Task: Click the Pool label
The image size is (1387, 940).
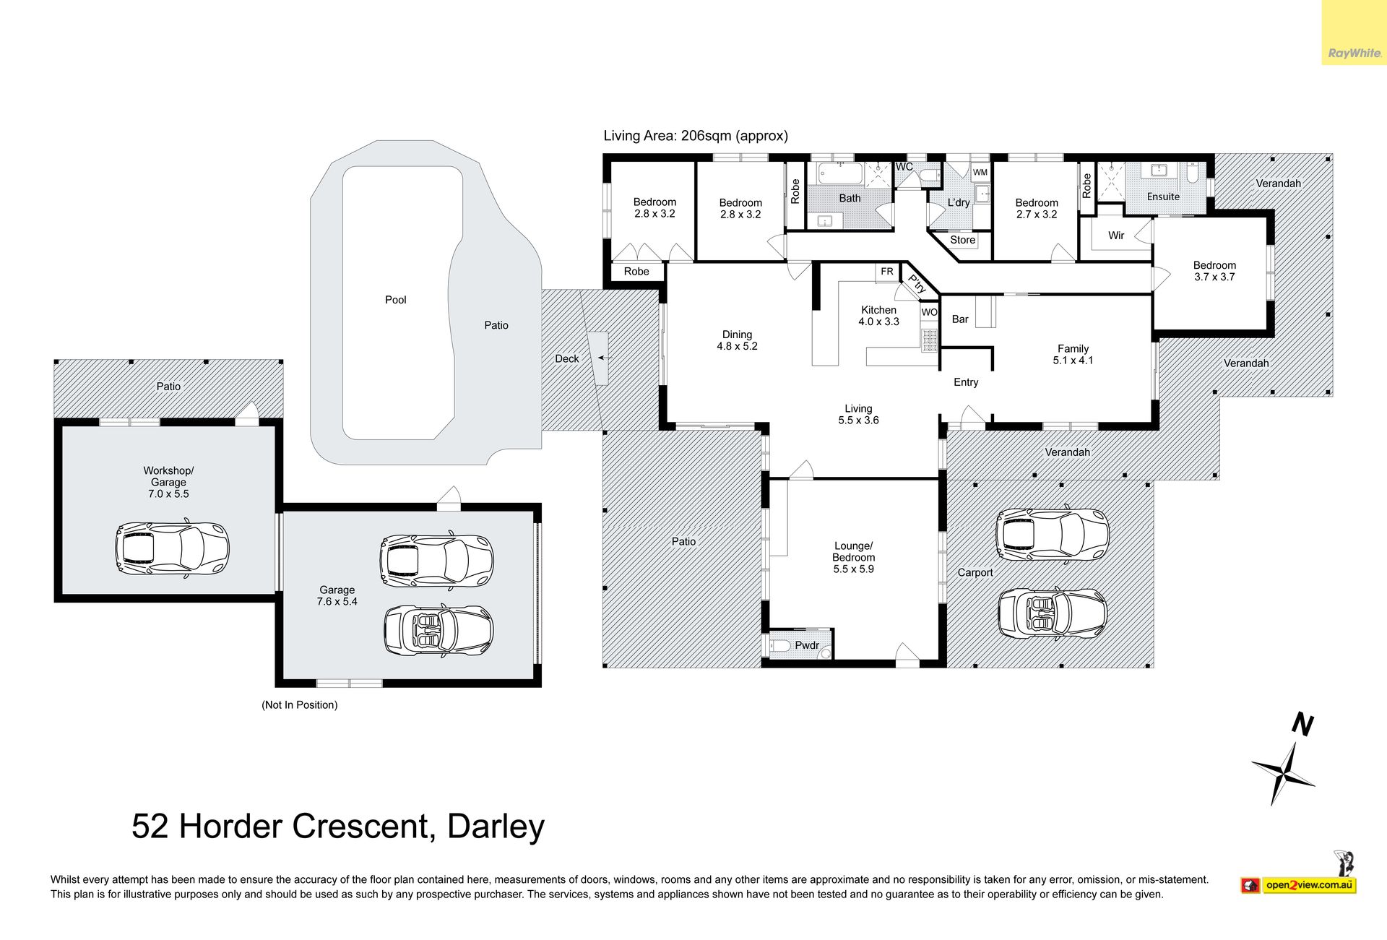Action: tap(395, 300)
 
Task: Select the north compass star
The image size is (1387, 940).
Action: tap(1284, 774)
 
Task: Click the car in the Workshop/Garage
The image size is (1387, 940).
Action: tap(172, 548)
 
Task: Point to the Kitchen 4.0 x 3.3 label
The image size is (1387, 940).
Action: tap(878, 316)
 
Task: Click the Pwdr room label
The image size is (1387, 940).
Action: tap(807, 645)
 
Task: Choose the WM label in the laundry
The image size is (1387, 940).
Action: tap(980, 173)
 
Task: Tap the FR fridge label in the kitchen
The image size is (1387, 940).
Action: tap(887, 272)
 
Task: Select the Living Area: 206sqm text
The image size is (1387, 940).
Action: tap(696, 136)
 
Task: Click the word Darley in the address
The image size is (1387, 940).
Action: tap(496, 827)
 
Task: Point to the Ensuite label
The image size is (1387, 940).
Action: tap(1163, 197)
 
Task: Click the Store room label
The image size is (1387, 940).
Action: tap(962, 240)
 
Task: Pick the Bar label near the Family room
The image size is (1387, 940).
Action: tap(960, 319)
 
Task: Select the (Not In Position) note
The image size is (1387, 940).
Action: tap(299, 705)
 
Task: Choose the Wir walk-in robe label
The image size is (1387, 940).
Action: tap(1116, 236)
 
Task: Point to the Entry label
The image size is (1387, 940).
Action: tap(966, 382)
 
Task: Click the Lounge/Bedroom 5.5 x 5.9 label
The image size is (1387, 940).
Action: tap(853, 558)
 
